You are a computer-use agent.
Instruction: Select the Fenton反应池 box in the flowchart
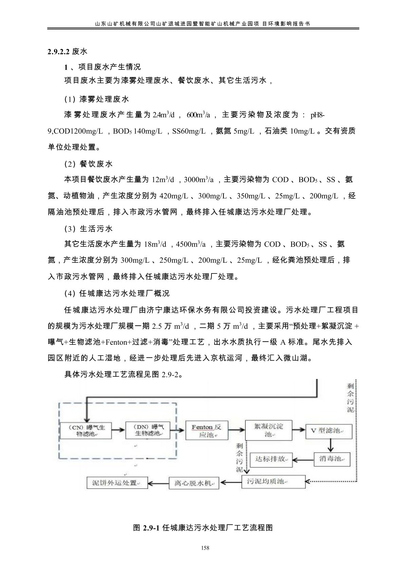[206, 431]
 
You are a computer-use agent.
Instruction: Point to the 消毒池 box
[330, 459]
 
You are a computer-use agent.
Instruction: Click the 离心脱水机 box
[194, 483]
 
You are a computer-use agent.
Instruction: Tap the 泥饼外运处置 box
[116, 483]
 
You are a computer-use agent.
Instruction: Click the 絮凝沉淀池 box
[269, 430]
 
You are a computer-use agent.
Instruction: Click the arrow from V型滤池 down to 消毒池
[330, 446]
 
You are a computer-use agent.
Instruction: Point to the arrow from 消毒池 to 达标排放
[303, 460]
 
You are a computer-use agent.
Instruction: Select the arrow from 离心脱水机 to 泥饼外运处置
[158, 483]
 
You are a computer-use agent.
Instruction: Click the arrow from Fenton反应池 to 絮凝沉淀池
[236, 430]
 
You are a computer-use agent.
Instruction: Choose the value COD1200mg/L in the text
[75, 131]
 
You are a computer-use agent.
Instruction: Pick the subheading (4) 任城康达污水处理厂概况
[117, 293]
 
